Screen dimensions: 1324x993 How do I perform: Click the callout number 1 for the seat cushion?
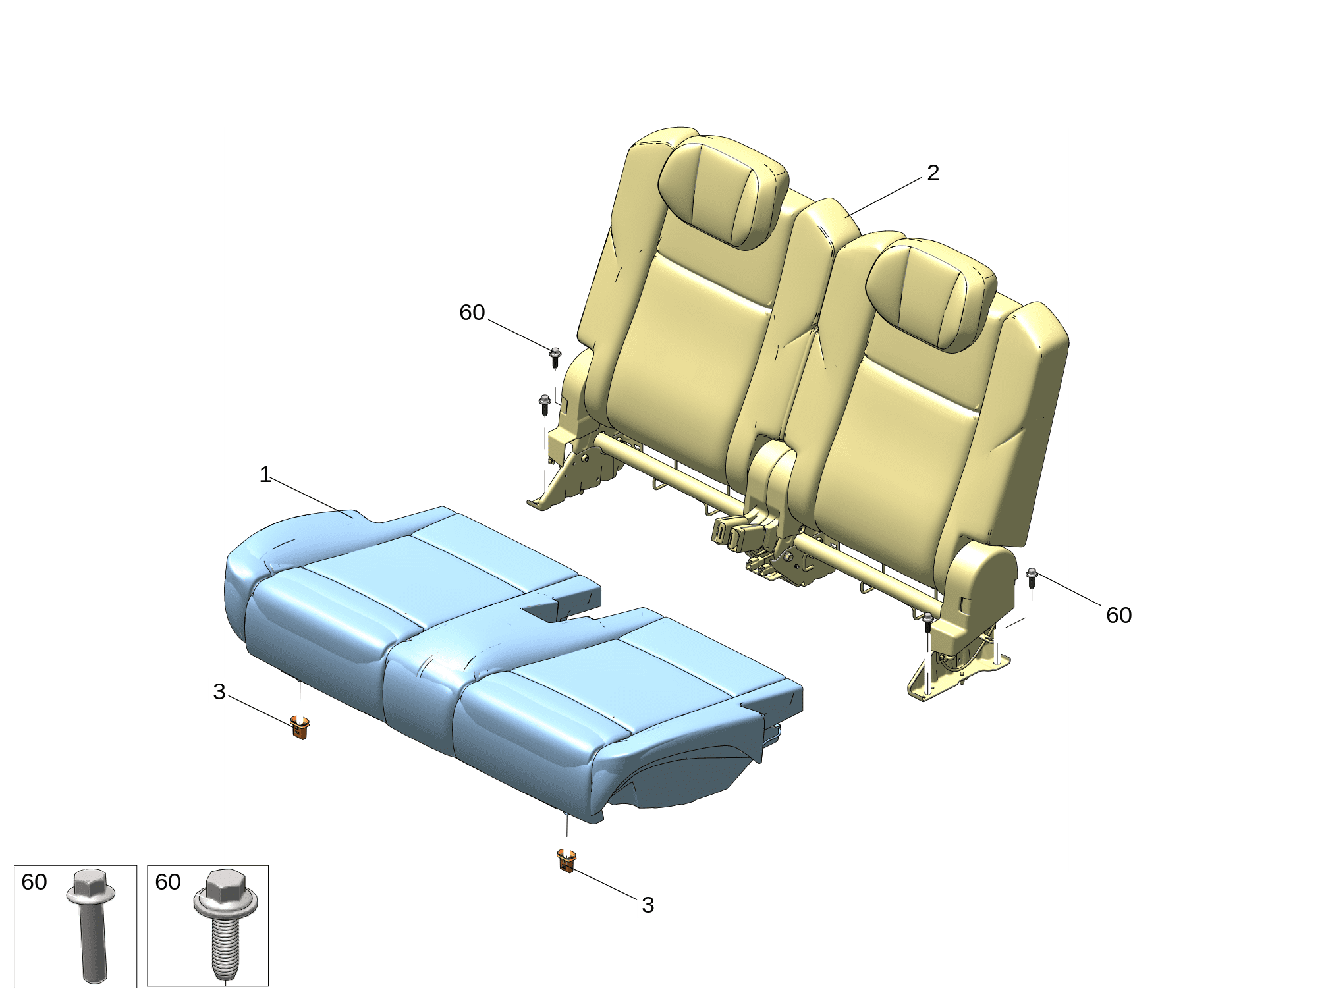coord(265,475)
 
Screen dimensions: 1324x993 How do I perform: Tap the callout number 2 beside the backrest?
coord(933,173)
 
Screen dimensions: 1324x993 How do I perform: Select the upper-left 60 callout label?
coord(472,312)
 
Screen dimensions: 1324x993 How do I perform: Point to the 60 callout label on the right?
coord(1118,615)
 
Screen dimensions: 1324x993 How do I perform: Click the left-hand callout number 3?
coord(219,692)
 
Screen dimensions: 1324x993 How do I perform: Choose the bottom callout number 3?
coord(648,905)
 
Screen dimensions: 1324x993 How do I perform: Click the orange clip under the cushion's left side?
coord(300,727)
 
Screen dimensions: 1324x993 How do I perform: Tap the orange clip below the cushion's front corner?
coord(566,861)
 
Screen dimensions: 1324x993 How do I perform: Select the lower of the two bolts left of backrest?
coord(545,404)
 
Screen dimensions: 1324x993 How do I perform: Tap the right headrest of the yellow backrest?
coord(931,294)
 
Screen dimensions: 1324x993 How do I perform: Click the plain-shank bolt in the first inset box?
coord(91,925)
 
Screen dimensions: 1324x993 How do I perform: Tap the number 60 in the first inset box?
coord(34,882)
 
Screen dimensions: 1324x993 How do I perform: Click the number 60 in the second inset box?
coord(168,882)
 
